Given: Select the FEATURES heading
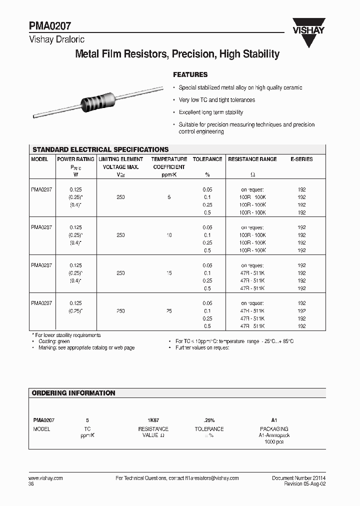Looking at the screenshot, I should [190, 74].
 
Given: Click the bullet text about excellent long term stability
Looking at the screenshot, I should [211, 112].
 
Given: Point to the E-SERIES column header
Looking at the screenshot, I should [301, 159].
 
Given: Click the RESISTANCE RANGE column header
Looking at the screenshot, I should [252, 159].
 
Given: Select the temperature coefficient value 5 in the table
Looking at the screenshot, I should [169, 197].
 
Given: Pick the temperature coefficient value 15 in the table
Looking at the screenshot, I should [169, 273].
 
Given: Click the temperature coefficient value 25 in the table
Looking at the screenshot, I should [169, 311].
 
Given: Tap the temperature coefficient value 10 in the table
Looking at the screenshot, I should [169, 235].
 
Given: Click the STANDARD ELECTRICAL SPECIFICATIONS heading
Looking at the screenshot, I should [100, 149].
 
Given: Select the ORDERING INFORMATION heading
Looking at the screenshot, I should [73, 393].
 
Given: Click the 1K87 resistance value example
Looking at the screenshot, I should [153, 421].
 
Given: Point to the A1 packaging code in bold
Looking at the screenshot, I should [274, 421].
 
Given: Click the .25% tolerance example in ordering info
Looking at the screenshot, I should [209, 421].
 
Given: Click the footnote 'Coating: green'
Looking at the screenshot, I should [54, 341].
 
